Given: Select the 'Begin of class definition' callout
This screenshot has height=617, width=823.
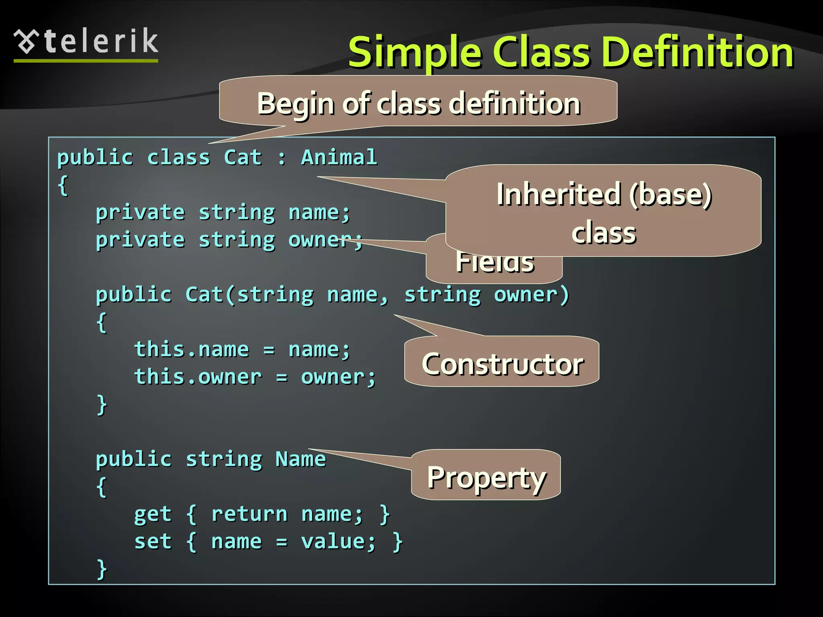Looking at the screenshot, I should (418, 103).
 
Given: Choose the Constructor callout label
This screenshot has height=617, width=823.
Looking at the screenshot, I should (502, 364).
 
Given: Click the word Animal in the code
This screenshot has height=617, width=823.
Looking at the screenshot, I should (339, 157).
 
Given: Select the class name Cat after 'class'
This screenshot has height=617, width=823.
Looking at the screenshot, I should (243, 157).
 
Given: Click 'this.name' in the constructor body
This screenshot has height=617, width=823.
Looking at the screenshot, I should (191, 349).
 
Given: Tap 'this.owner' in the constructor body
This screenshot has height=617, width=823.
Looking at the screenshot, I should (198, 377).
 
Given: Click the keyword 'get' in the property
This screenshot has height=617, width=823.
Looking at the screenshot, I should (153, 515).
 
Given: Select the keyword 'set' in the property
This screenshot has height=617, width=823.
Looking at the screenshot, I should (153, 541).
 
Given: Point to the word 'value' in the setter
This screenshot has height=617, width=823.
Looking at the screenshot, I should (333, 541).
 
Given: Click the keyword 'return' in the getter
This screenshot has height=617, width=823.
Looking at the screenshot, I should (249, 514).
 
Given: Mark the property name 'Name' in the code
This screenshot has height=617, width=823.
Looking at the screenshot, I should (300, 459).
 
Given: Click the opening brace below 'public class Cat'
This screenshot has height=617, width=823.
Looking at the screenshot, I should (63, 186).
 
